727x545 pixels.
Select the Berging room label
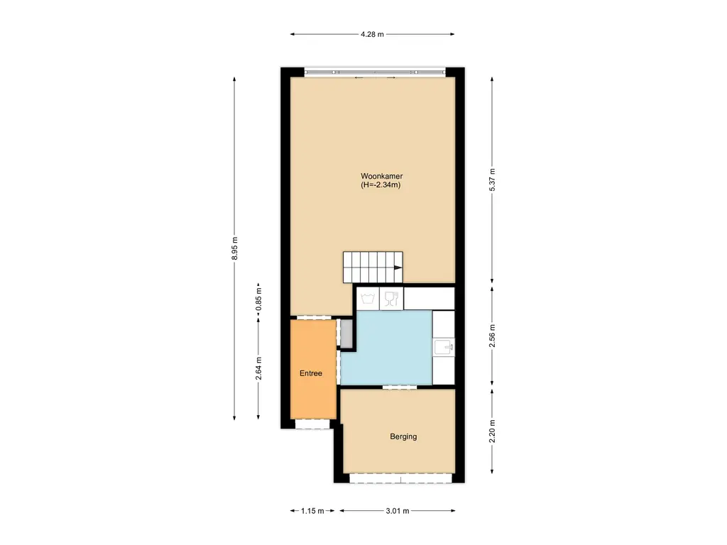pos(403,436)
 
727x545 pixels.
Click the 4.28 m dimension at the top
pos(372,33)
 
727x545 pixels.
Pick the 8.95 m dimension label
pos(235,248)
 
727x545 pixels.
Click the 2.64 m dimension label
pos(259,368)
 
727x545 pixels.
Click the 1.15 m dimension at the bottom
pos(312,511)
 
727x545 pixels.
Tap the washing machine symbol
pos(367,299)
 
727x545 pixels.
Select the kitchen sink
pos(444,346)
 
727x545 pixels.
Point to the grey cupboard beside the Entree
pos(346,334)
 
